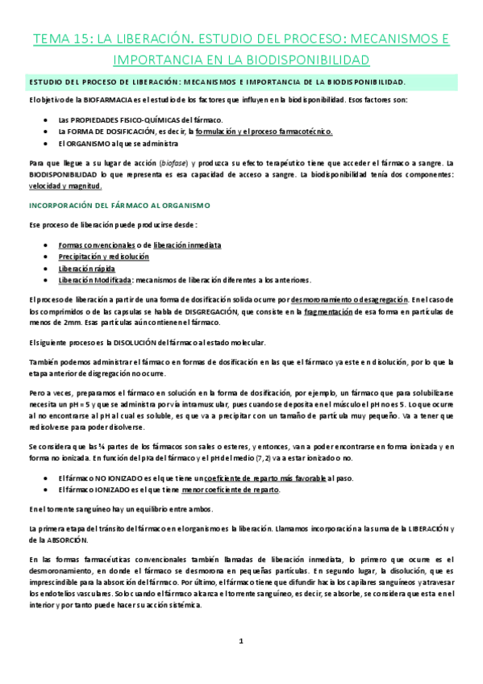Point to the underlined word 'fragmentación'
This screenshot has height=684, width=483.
click(334, 311)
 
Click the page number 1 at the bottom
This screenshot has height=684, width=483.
click(241, 641)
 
